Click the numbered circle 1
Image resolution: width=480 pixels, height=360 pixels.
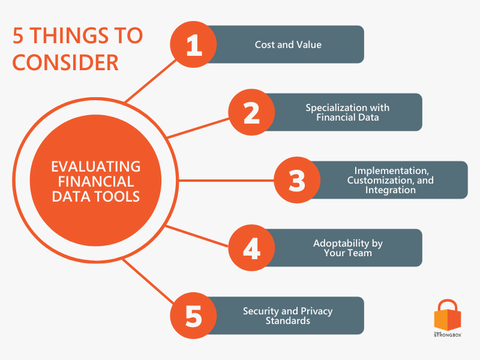pyautogui.click(x=194, y=44)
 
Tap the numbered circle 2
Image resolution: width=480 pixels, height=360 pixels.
pyautogui.click(x=251, y=112)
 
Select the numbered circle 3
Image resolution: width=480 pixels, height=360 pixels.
pyautogui.click(x=297, y=180)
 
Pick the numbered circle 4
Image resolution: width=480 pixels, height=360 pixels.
pyautogui.click(x=251, y=248)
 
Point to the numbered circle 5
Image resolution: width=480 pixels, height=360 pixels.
pyautogui.click(x=194, y=316)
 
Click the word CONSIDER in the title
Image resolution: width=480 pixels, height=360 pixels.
pyautogui.click(x=66, y=62)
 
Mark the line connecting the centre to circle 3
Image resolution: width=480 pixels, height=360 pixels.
pyautogui.click(x=225, y=180)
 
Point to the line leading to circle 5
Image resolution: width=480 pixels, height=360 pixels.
pyautogui.click(x=147, y=280)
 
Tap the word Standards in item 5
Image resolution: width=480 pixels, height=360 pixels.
pyautogui.click(x=287, y=320)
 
